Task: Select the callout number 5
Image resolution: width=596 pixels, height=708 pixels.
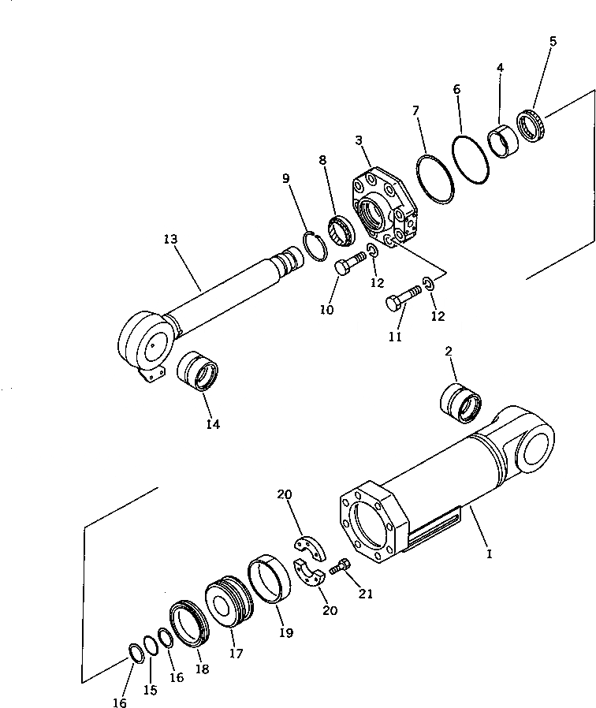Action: [552, 41]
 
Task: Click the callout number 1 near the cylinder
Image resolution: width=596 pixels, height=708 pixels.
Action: [489, 554]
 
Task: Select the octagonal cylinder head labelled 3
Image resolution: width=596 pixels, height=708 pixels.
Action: [385, 207]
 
